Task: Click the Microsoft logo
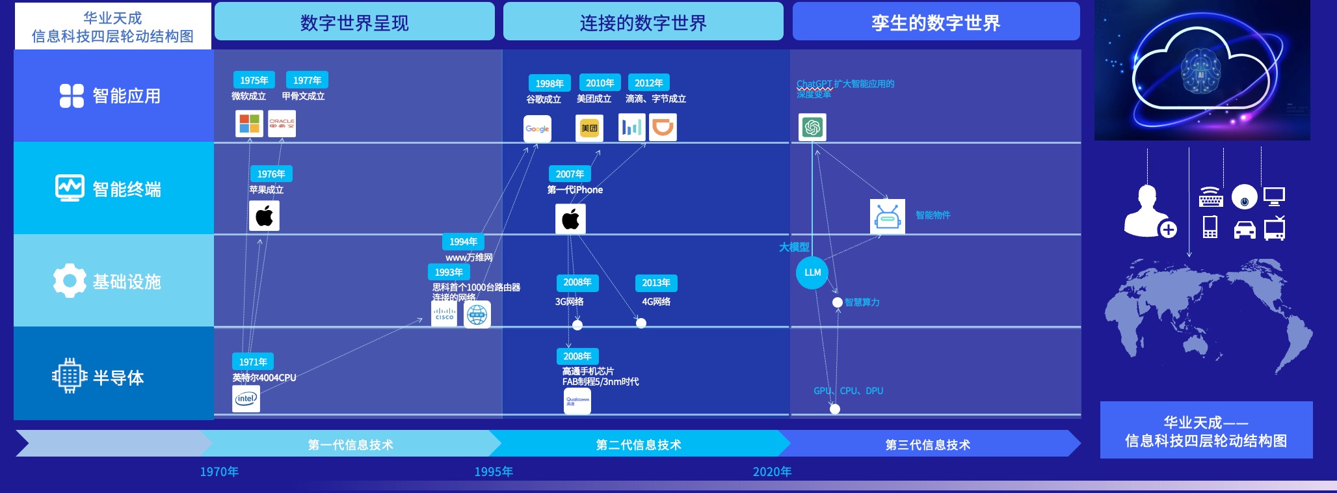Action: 249,124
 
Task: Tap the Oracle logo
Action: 282,124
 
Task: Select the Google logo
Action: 537,129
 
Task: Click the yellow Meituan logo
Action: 589,128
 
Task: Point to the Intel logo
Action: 246,399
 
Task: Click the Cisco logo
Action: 444,313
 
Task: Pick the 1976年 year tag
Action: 271,174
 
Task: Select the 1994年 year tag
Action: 463,241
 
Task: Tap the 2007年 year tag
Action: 570,174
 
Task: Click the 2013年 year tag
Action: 655,282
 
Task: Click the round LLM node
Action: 812,273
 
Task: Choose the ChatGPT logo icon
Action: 812,127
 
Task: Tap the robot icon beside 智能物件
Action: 887,217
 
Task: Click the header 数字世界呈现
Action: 354,23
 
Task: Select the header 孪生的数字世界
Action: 936,23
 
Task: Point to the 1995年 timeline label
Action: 494,472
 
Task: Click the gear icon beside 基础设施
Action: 70,281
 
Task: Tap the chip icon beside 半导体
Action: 70,375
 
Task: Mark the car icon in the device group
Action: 1244,230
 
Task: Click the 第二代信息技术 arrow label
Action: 639,444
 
